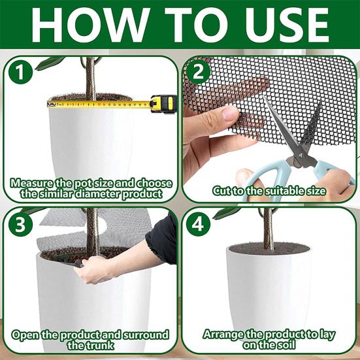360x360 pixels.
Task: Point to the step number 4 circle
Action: [x=200, y=223]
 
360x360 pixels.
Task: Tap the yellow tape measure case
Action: [x=163, y=103]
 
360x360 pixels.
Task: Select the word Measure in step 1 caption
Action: [x=33, y=182]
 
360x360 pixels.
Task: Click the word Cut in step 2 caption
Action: [x=223, y=191]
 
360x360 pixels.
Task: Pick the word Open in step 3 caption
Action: [x=27, y=335]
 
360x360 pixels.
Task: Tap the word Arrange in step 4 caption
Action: [x=223, y=334]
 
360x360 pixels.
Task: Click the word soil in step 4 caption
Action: [x=287, y=345]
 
